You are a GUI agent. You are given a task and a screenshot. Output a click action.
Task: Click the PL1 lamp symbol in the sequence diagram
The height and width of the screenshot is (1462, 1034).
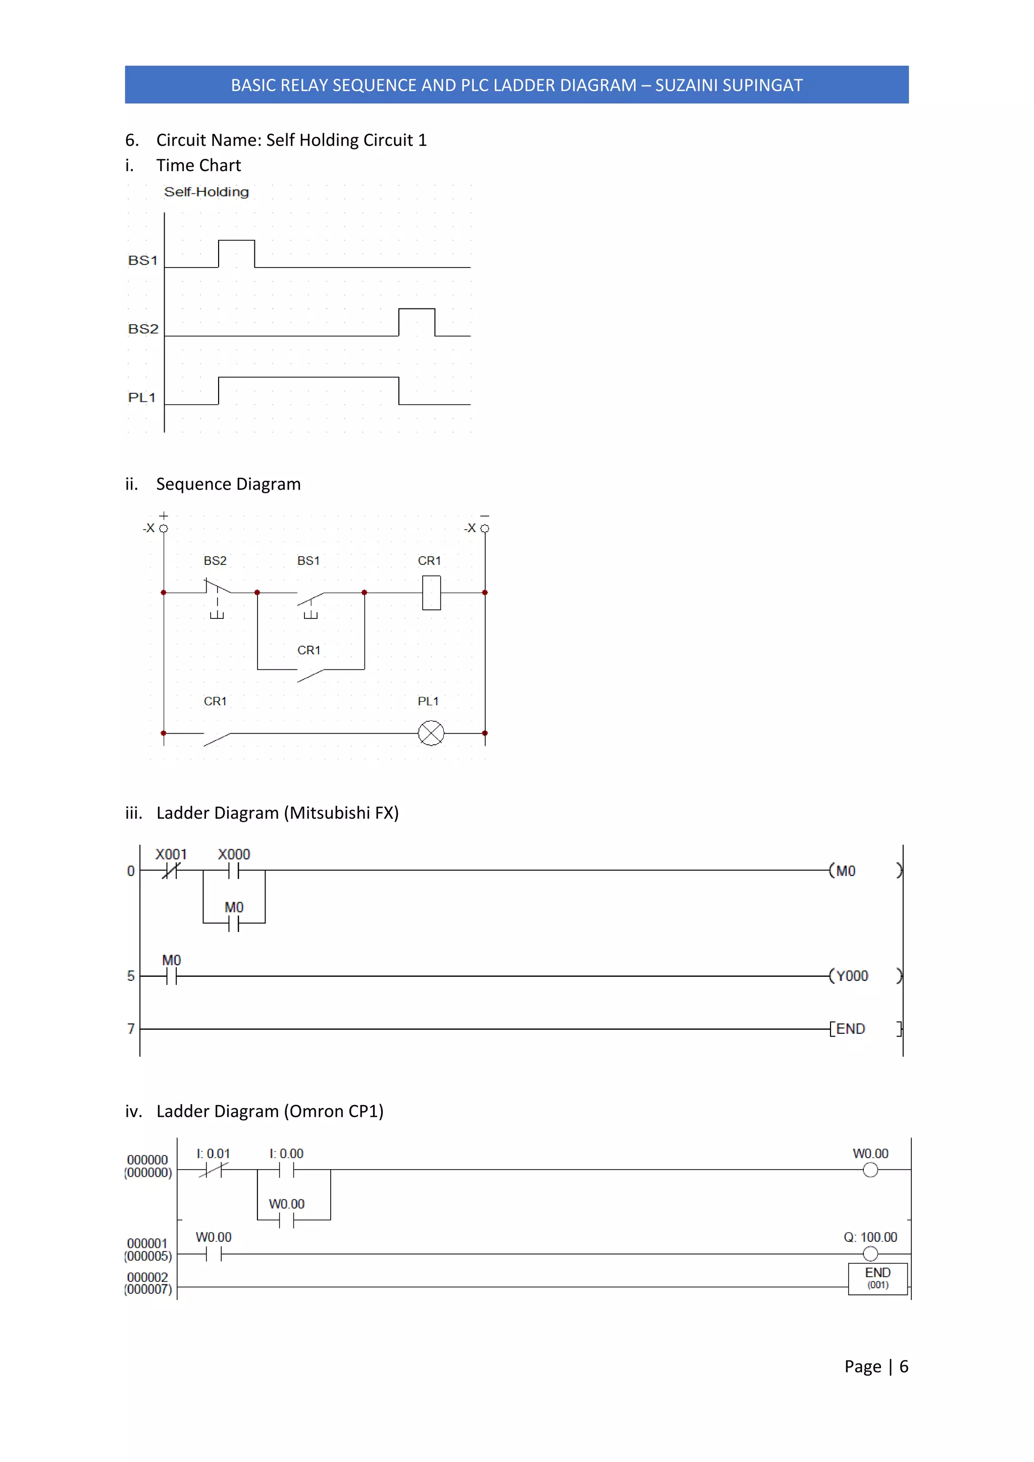pos(431,733)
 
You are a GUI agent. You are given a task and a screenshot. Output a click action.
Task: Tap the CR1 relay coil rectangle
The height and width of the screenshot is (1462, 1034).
pos(432,592)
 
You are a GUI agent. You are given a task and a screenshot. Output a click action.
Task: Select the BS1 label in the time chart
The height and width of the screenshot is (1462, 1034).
pos(142,260)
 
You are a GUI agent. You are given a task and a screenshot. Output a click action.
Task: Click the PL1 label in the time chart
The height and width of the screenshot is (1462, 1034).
pos(142,397)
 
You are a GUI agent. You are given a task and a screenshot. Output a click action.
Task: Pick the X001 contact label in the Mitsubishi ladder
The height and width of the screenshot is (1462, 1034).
pos(171,854)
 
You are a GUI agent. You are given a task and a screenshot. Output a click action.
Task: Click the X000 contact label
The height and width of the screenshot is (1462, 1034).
pos(234,854)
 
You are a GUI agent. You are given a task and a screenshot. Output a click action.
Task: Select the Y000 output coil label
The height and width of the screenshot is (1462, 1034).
pos(852,975)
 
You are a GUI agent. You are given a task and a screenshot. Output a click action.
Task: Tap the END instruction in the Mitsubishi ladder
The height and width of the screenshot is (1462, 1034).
pos(851,1028)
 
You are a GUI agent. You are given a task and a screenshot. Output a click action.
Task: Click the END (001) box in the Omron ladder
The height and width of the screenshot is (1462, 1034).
pos(877,1278)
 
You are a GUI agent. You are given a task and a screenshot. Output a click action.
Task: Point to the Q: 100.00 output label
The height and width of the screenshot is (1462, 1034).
pos(870,1236)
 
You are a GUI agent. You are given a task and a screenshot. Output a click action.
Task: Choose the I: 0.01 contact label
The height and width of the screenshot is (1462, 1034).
pos(213,1153)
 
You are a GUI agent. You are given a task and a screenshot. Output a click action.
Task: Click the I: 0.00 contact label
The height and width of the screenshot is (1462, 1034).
pos(286,1153)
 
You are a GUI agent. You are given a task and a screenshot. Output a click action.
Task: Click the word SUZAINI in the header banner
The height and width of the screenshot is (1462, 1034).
pos(690,85)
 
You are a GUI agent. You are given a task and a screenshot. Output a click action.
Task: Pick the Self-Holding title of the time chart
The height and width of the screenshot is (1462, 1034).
pos(206,192)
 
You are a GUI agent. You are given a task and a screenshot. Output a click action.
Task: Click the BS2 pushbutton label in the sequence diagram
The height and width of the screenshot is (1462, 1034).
pos(215,560)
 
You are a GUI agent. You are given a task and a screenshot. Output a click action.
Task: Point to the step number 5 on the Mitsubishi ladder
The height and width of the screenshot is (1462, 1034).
pos(131,975)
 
